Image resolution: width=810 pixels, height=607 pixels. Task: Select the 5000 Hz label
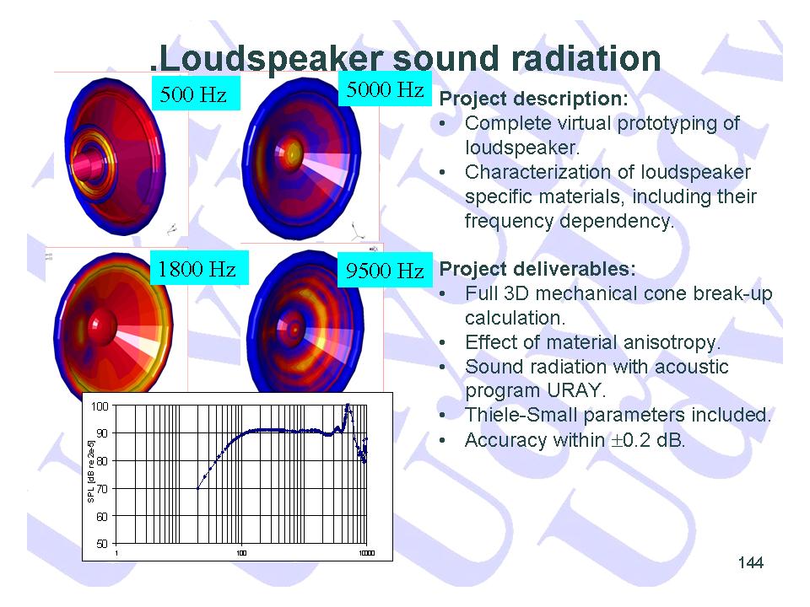pos(385,90)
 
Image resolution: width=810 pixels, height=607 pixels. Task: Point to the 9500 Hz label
pos(385,270)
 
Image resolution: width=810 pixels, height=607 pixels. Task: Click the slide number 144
pos(751,562)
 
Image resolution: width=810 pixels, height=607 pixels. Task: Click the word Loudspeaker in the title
pos(273,59)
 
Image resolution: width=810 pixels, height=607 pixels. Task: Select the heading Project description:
pos(533,99)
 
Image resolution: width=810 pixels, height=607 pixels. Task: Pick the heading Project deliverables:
pos(537,269)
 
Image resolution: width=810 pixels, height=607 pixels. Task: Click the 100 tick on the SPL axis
pos(100,406)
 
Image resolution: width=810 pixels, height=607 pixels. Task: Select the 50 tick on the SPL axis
pos(102,544)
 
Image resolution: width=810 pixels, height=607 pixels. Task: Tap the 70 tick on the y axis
pos(102,488)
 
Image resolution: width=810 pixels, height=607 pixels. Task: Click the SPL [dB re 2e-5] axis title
pos(91,471)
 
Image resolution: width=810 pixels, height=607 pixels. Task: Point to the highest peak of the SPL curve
pos(348,405)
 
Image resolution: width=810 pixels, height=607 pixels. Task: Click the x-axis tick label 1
pos(116,553)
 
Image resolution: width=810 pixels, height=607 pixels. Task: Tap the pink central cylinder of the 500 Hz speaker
pos(89,164)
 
